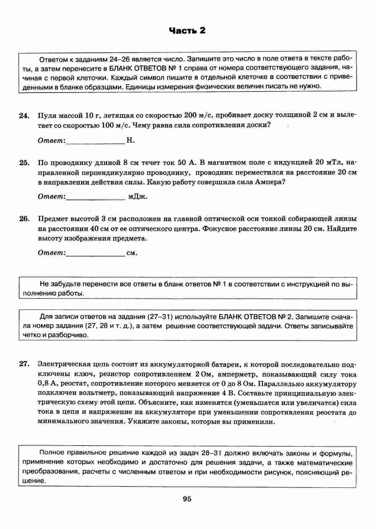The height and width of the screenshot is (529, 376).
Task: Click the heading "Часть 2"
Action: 187,31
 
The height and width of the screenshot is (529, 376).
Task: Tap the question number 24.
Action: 24,116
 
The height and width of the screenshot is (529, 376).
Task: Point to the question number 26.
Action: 24,219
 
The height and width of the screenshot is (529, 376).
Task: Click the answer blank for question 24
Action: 95,141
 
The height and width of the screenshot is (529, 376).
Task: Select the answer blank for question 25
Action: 95,197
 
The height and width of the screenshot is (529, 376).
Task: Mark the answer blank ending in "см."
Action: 95,253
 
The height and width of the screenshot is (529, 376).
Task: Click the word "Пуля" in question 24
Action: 47,116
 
